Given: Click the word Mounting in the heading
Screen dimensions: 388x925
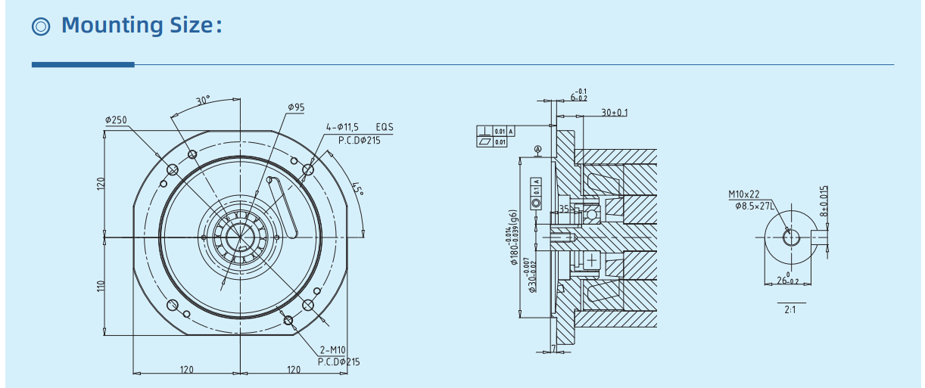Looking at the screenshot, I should [113, 25].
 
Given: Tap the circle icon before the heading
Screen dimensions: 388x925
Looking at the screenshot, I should [42, 26].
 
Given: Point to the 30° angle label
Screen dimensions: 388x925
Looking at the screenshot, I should [203, 101].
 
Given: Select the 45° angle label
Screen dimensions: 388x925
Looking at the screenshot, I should [357, 188].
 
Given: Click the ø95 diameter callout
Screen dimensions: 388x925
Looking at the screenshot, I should [296, 107].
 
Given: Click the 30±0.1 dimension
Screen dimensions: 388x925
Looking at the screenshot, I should [614, 113].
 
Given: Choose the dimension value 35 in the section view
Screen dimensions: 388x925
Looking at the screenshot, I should [563, 207].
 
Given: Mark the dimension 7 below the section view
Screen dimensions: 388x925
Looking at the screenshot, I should [553, 349].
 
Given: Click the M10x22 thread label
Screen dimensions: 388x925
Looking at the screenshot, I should [743, 194].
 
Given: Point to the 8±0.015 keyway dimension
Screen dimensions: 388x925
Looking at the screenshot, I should [824, 202].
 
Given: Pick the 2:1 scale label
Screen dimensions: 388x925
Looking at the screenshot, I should [790, 309].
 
